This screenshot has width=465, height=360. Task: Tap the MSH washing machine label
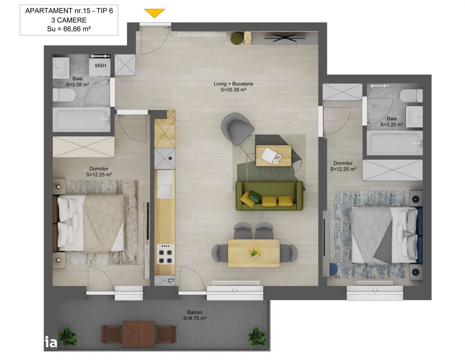point(101,66)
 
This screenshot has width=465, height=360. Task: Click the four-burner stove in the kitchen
point(165,254)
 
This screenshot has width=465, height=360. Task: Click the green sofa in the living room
point(269,196)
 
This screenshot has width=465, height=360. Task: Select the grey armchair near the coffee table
point(237,127)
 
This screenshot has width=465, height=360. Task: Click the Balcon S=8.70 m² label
point(195,315)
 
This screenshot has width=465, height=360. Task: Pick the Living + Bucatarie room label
point(233,87)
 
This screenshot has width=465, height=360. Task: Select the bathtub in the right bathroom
point(395,143)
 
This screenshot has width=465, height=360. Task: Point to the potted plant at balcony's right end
point(257,335)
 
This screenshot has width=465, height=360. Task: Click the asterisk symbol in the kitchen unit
point(170,158)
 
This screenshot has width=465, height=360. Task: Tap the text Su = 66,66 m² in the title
point(69,29)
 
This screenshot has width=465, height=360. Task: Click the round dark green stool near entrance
point(237,38)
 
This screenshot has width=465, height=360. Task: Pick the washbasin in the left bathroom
point(61,68)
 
